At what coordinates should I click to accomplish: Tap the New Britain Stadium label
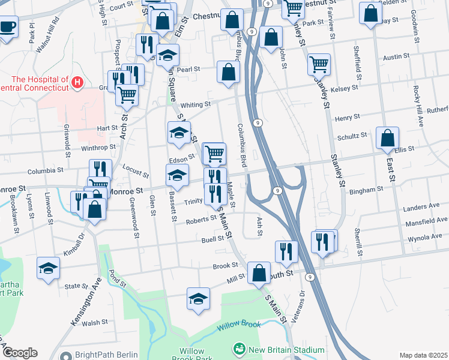point(283,349)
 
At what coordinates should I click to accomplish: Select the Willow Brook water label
point(239,325)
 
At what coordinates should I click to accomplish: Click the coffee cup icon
point(7,26)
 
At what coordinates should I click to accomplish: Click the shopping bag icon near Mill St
point(259,272)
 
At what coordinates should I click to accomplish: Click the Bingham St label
point(367,189)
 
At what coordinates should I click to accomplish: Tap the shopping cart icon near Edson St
point(214,154)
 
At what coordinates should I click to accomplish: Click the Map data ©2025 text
point(423,355)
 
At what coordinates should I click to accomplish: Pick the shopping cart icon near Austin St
point(319,64)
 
